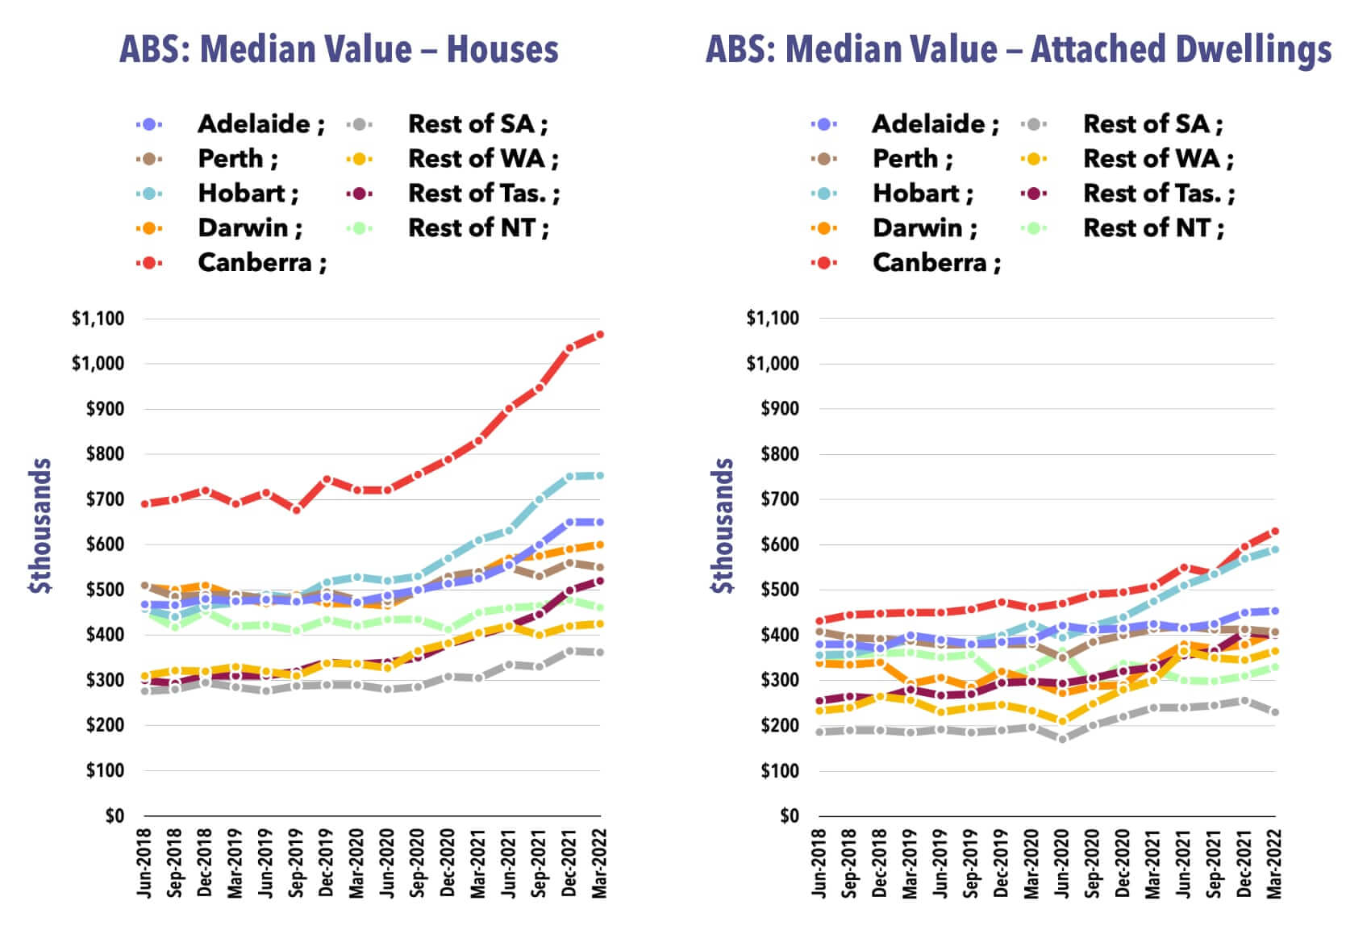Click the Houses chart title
click(339, 50)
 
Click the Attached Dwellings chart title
click(1019, 50)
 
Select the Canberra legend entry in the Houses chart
click(261, 263)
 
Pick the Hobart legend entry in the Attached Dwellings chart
click(923, 194)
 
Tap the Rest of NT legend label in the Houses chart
click(477, 228)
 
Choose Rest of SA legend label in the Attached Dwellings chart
click(1152, 124)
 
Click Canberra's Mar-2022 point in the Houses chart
click(600, 335)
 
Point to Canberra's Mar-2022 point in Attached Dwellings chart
click(1275, 532)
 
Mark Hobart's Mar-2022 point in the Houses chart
click(600, 476)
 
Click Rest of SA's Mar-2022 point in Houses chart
click(600, 653)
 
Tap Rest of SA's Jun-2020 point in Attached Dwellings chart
click(1062, 739)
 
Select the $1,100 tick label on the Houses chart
click(98, 319)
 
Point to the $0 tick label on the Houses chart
click(115, 815)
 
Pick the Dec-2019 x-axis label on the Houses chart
click(327, 863)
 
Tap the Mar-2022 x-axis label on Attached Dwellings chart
click(1274, 863)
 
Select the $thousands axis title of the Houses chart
click(40, 526)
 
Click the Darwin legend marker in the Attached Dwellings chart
click(823, 228)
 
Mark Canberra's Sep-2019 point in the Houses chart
click(297, 510)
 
